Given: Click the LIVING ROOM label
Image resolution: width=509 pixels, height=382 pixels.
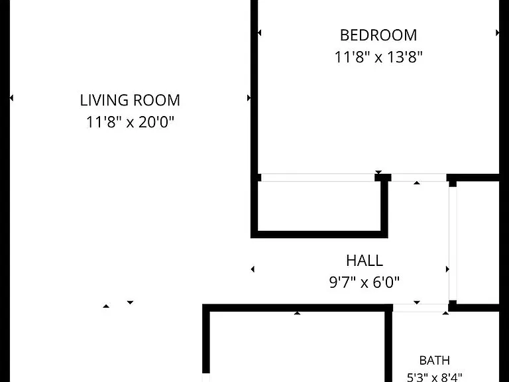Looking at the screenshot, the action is coord(130,100).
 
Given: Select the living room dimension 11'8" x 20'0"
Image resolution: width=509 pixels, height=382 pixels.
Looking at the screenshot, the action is coord(130,123).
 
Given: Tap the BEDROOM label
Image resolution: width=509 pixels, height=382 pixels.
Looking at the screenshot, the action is coord(378,35).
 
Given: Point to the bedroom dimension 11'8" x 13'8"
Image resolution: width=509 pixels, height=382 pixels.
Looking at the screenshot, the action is coord(378,57).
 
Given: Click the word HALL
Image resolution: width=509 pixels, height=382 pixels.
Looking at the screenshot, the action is coord(365,261).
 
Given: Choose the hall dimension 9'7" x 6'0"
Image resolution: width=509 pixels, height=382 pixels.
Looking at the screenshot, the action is coord(365,283).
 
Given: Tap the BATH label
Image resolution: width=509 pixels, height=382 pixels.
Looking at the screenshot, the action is coord(434,360).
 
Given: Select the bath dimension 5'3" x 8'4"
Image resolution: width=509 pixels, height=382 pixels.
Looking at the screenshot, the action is coord(434,377).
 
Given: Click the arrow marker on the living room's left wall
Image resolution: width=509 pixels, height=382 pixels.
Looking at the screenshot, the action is coord(11,97).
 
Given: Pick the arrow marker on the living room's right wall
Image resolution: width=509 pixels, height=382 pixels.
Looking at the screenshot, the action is coord(249,97).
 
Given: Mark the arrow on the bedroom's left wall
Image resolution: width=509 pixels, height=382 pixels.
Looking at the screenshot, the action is coord(259,32).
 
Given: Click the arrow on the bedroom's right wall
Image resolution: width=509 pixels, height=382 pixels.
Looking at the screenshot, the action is coord(497,32).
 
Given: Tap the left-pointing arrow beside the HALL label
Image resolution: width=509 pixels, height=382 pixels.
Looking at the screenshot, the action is coord(253,269).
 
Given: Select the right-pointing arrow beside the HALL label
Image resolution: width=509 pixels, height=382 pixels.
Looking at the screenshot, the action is coord(447,269).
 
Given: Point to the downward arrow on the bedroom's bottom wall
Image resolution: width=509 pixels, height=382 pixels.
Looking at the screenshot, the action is coord(378,172).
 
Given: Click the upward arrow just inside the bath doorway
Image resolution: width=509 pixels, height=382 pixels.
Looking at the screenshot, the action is coord(445,313).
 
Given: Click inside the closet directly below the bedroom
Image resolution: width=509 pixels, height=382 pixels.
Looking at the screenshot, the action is coord(319,206).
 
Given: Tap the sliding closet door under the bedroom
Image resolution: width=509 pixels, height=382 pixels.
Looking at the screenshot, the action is coord(318,177).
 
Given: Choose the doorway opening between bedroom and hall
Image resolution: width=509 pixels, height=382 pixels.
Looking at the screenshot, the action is coord(419,177).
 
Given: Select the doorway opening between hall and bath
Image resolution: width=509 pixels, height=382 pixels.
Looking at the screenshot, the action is coord(421,308).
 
